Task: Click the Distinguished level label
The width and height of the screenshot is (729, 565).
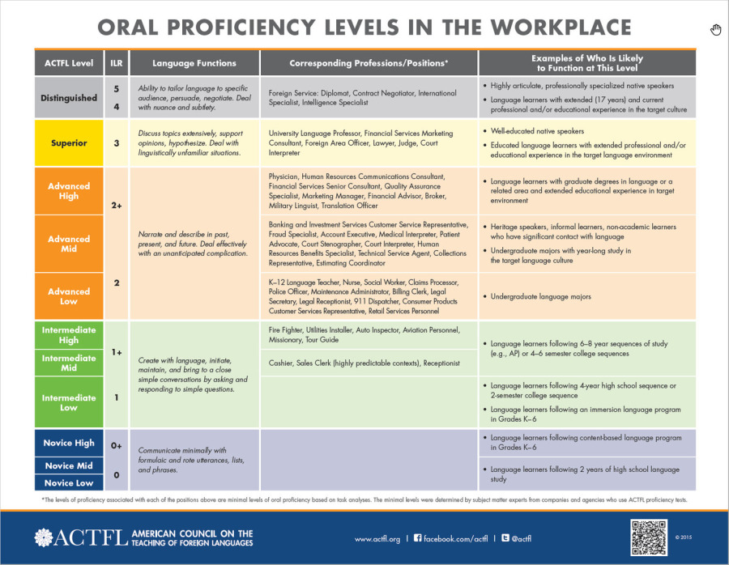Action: [x=69, y=98]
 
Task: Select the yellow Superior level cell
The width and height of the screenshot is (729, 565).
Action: [x=69, y=143]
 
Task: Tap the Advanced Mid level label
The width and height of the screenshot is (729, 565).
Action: [x=69, y=244]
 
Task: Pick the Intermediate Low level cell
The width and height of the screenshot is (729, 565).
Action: [x=69, y=402]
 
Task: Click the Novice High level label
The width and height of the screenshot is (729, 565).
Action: [x=69, y=443]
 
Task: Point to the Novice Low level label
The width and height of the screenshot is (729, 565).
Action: [x=69, y=483]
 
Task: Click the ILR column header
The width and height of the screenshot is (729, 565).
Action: [x=116, y=63]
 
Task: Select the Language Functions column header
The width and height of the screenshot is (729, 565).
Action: [x=194, y=63]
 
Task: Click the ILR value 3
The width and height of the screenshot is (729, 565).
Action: [x=116, y=143]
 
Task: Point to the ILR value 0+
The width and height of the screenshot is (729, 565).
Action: [x=116, y=444]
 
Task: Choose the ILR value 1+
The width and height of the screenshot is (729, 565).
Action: [x=116, y=353]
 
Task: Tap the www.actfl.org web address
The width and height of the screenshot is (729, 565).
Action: [x=377, y=538]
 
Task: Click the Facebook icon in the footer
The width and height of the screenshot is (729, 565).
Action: [x=418, y=538]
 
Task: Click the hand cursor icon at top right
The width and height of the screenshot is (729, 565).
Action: [x=715, y=31]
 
